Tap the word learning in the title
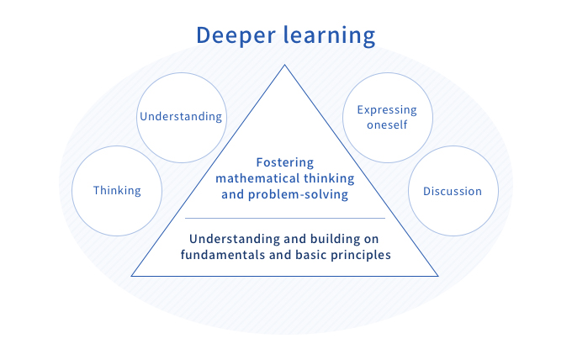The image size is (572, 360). pyautogui.click(x=328, y=36)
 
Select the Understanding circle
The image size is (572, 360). pyautogui.click(x=180, y=116)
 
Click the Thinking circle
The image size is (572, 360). pyautogui.click(x=117, y=190)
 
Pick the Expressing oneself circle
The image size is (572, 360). pyautogui.click(x=387, y=118)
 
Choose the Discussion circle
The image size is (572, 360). pyautogui.click(x=452, y=191)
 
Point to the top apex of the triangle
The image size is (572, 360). pyautogui.click(x=285, y=65)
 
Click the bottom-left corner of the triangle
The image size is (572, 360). pyautogui.click(x=133, y=275)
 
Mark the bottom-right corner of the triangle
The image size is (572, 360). pyautogui.click(x=437, y=275)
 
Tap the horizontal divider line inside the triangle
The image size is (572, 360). pyautogui.click(x=285, y=218)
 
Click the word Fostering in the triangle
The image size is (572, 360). pyautogui.click(x=285, y=162)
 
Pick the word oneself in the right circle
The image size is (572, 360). pyautogui.click(x=387, y=125)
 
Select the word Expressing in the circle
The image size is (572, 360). pyautogui.click(x=387, y=110)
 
